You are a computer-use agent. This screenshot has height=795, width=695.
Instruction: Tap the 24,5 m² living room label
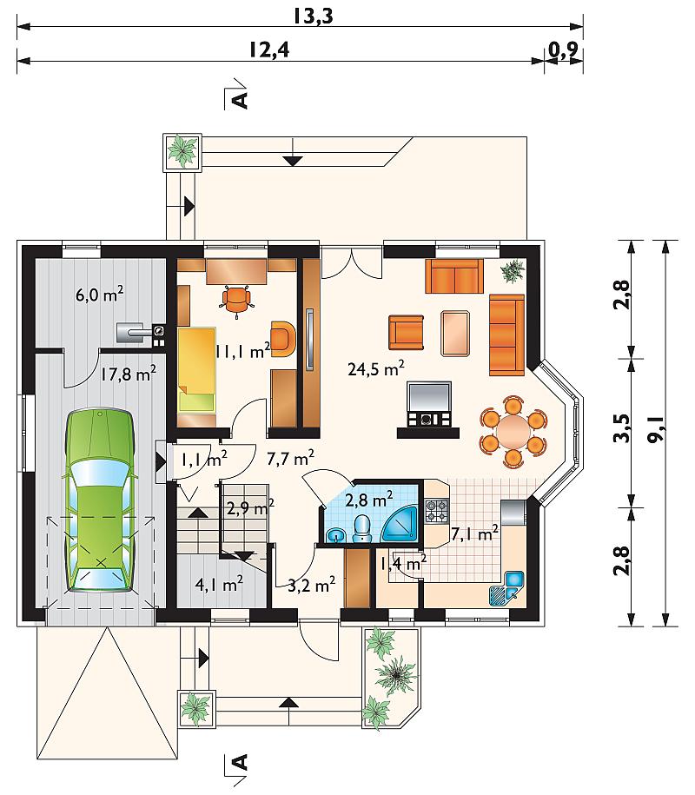pyautogui.click(x=375, y=368)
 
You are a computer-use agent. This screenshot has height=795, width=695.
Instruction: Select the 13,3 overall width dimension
pyautogui.click(x=314, y=17)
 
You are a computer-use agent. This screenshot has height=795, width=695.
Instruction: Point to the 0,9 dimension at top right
pyautogui.click(x=563, y=50)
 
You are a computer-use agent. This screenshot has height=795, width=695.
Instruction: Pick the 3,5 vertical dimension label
pyautogui.click(x=621, y=428)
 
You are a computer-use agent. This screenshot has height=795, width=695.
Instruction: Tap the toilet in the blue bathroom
pyautogui.click(x=361, y=529)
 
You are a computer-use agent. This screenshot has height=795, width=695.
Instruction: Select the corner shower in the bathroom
pyautogui.click(x=400, y=524)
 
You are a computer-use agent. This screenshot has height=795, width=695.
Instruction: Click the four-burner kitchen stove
pyautogui.click(x=436, y=511)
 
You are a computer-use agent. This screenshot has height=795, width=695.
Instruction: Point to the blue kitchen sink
pyautogui.click(x=507, y=588)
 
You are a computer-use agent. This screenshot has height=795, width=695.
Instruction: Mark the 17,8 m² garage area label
pyautogui.click(x=128, y=374)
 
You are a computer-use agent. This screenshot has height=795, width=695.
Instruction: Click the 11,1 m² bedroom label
pyautogui.click(x=242, y=351)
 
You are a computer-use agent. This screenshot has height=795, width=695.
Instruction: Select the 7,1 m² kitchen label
pyautogui.click(x=474, y=533)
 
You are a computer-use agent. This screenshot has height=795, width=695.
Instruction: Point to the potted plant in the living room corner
pyautogui.click(x=513, y=271)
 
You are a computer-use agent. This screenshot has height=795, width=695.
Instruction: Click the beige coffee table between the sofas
pyautogui.click(x=456, y=333)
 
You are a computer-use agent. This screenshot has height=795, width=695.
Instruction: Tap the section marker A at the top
pyautogui.click(x=240, y=100)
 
